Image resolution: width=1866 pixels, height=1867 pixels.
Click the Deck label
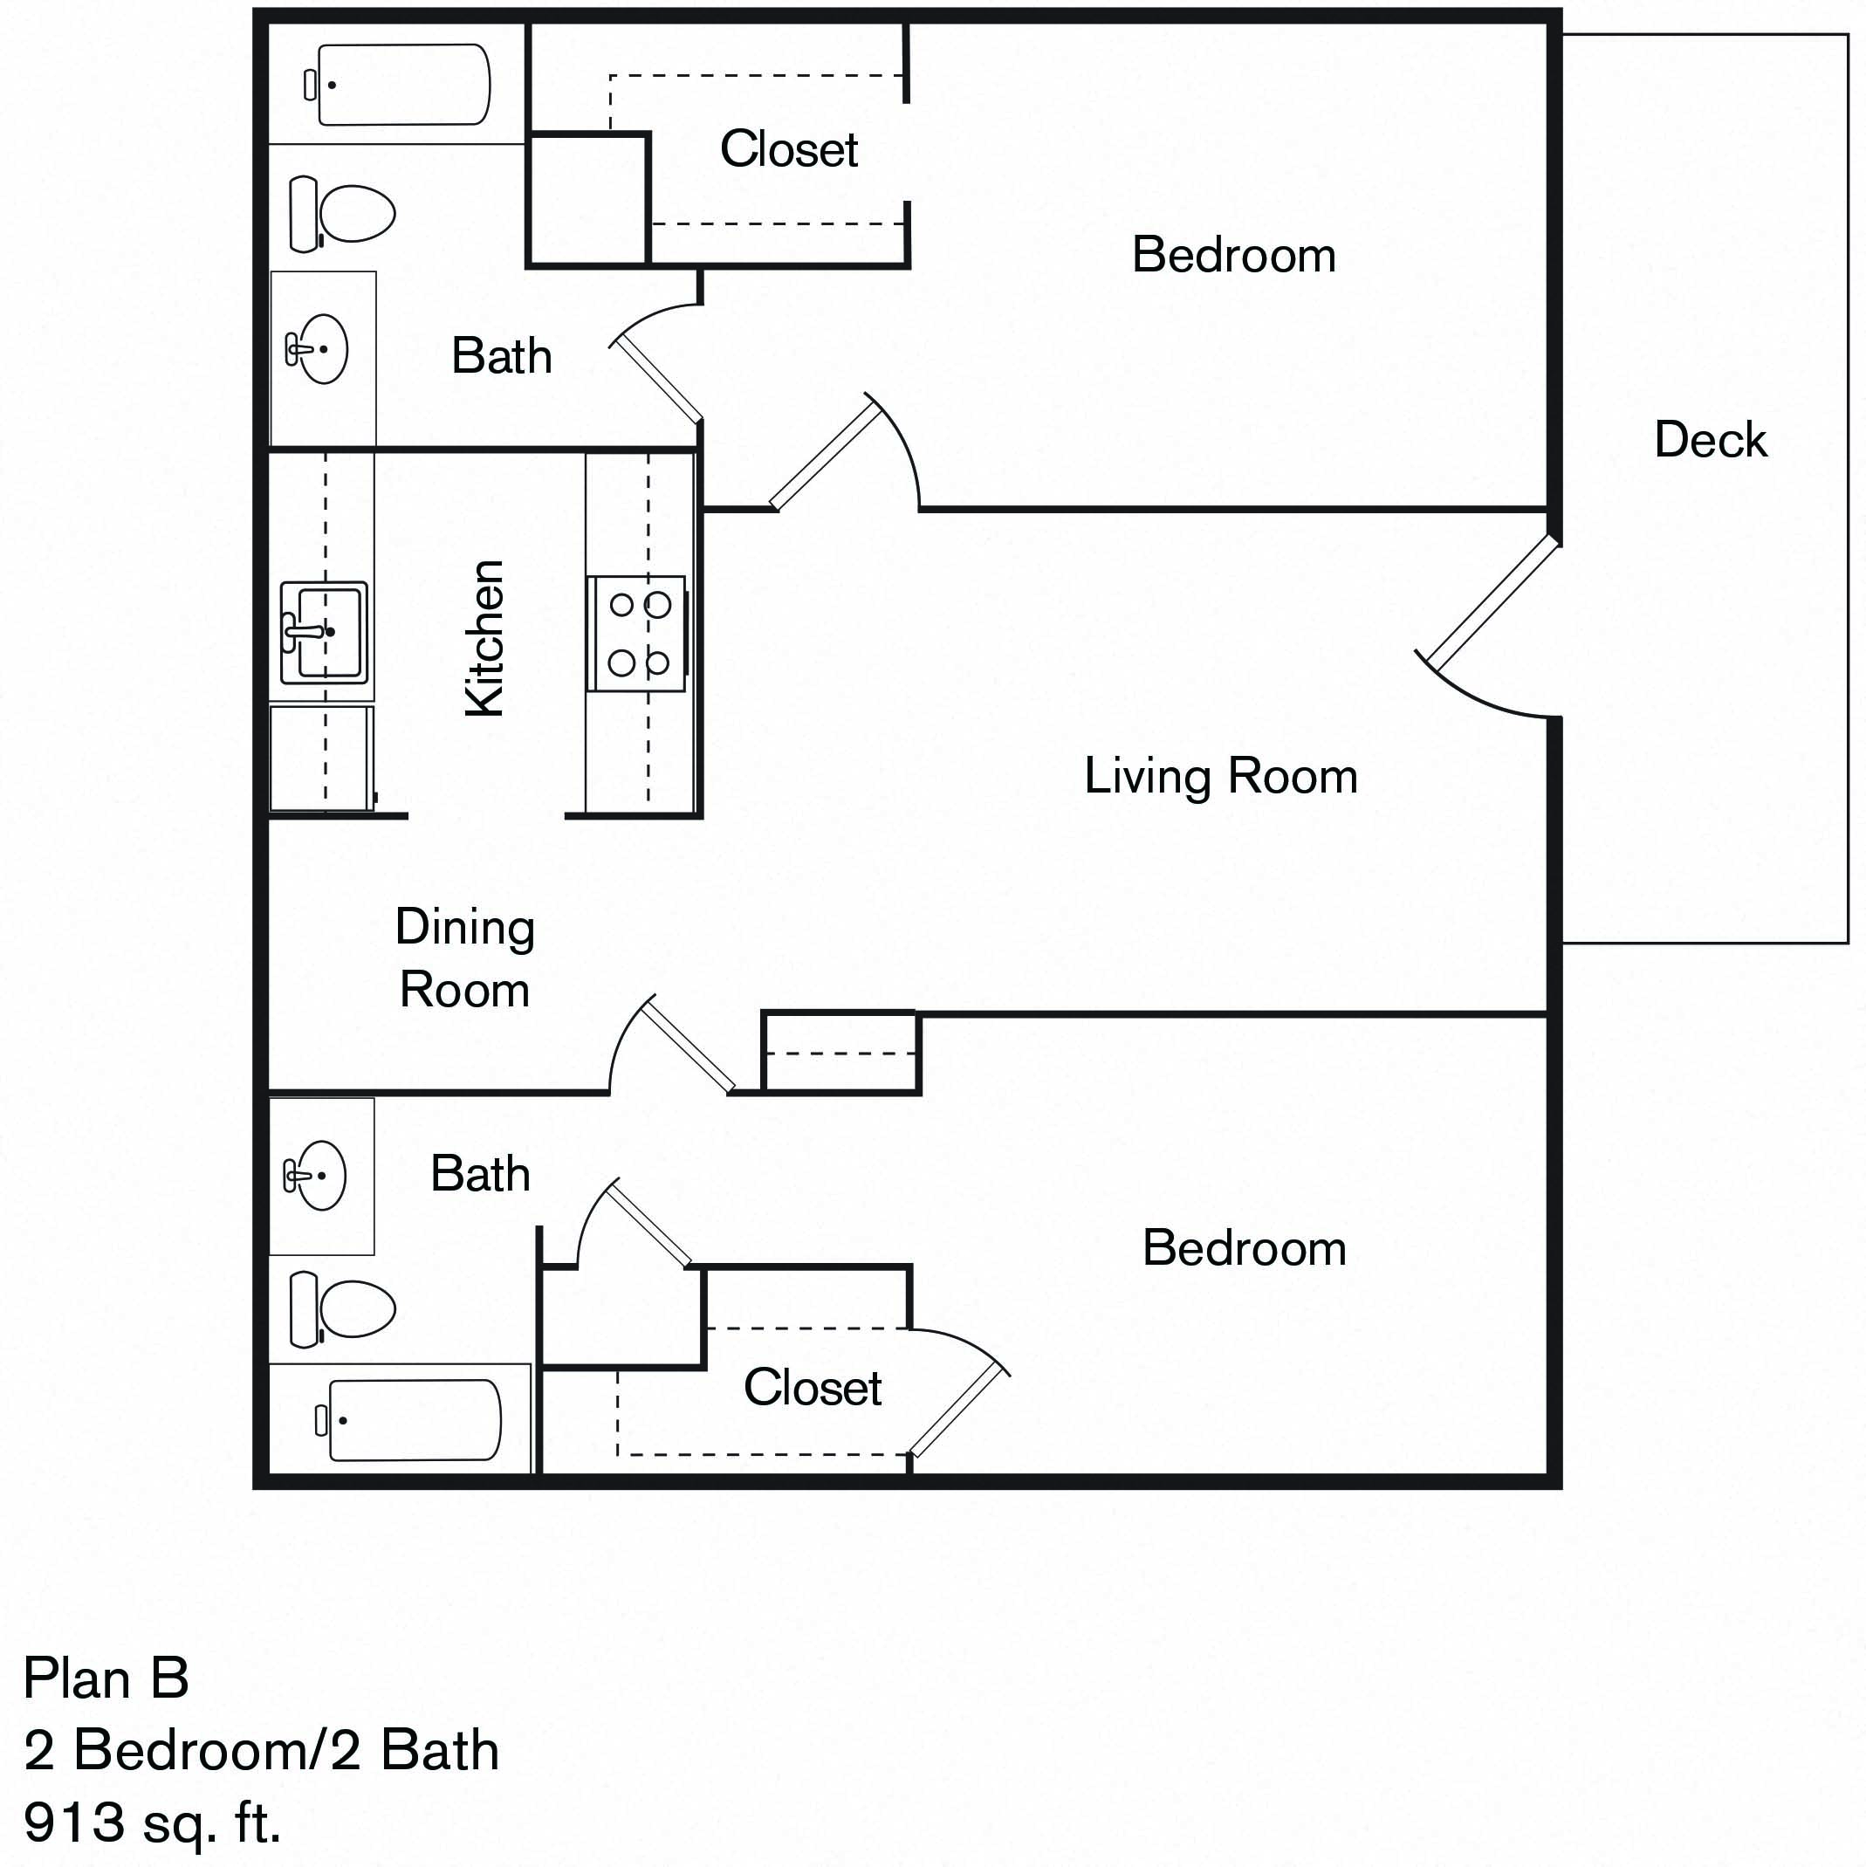click(1710, 440)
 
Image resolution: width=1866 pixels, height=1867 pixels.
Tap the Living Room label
click(1220, 776)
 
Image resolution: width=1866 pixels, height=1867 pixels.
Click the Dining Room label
click(465, 958)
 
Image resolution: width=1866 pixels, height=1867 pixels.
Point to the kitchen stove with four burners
click(636, 634)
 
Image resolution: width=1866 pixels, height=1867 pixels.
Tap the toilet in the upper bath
click(343, 214)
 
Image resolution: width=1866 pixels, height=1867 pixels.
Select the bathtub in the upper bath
click(404, 85)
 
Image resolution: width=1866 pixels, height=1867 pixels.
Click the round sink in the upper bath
click(319, 349)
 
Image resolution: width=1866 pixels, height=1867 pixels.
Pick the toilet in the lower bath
click(343, 1309)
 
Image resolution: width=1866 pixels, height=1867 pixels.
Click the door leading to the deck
click(1493, 604)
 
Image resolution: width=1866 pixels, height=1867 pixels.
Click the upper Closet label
click(788, 150)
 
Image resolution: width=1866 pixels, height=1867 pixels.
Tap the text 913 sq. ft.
click(152, 1822)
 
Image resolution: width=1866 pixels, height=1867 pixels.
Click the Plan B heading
click(106, 1678)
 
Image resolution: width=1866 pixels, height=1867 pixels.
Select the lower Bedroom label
click(1244, 1247)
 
